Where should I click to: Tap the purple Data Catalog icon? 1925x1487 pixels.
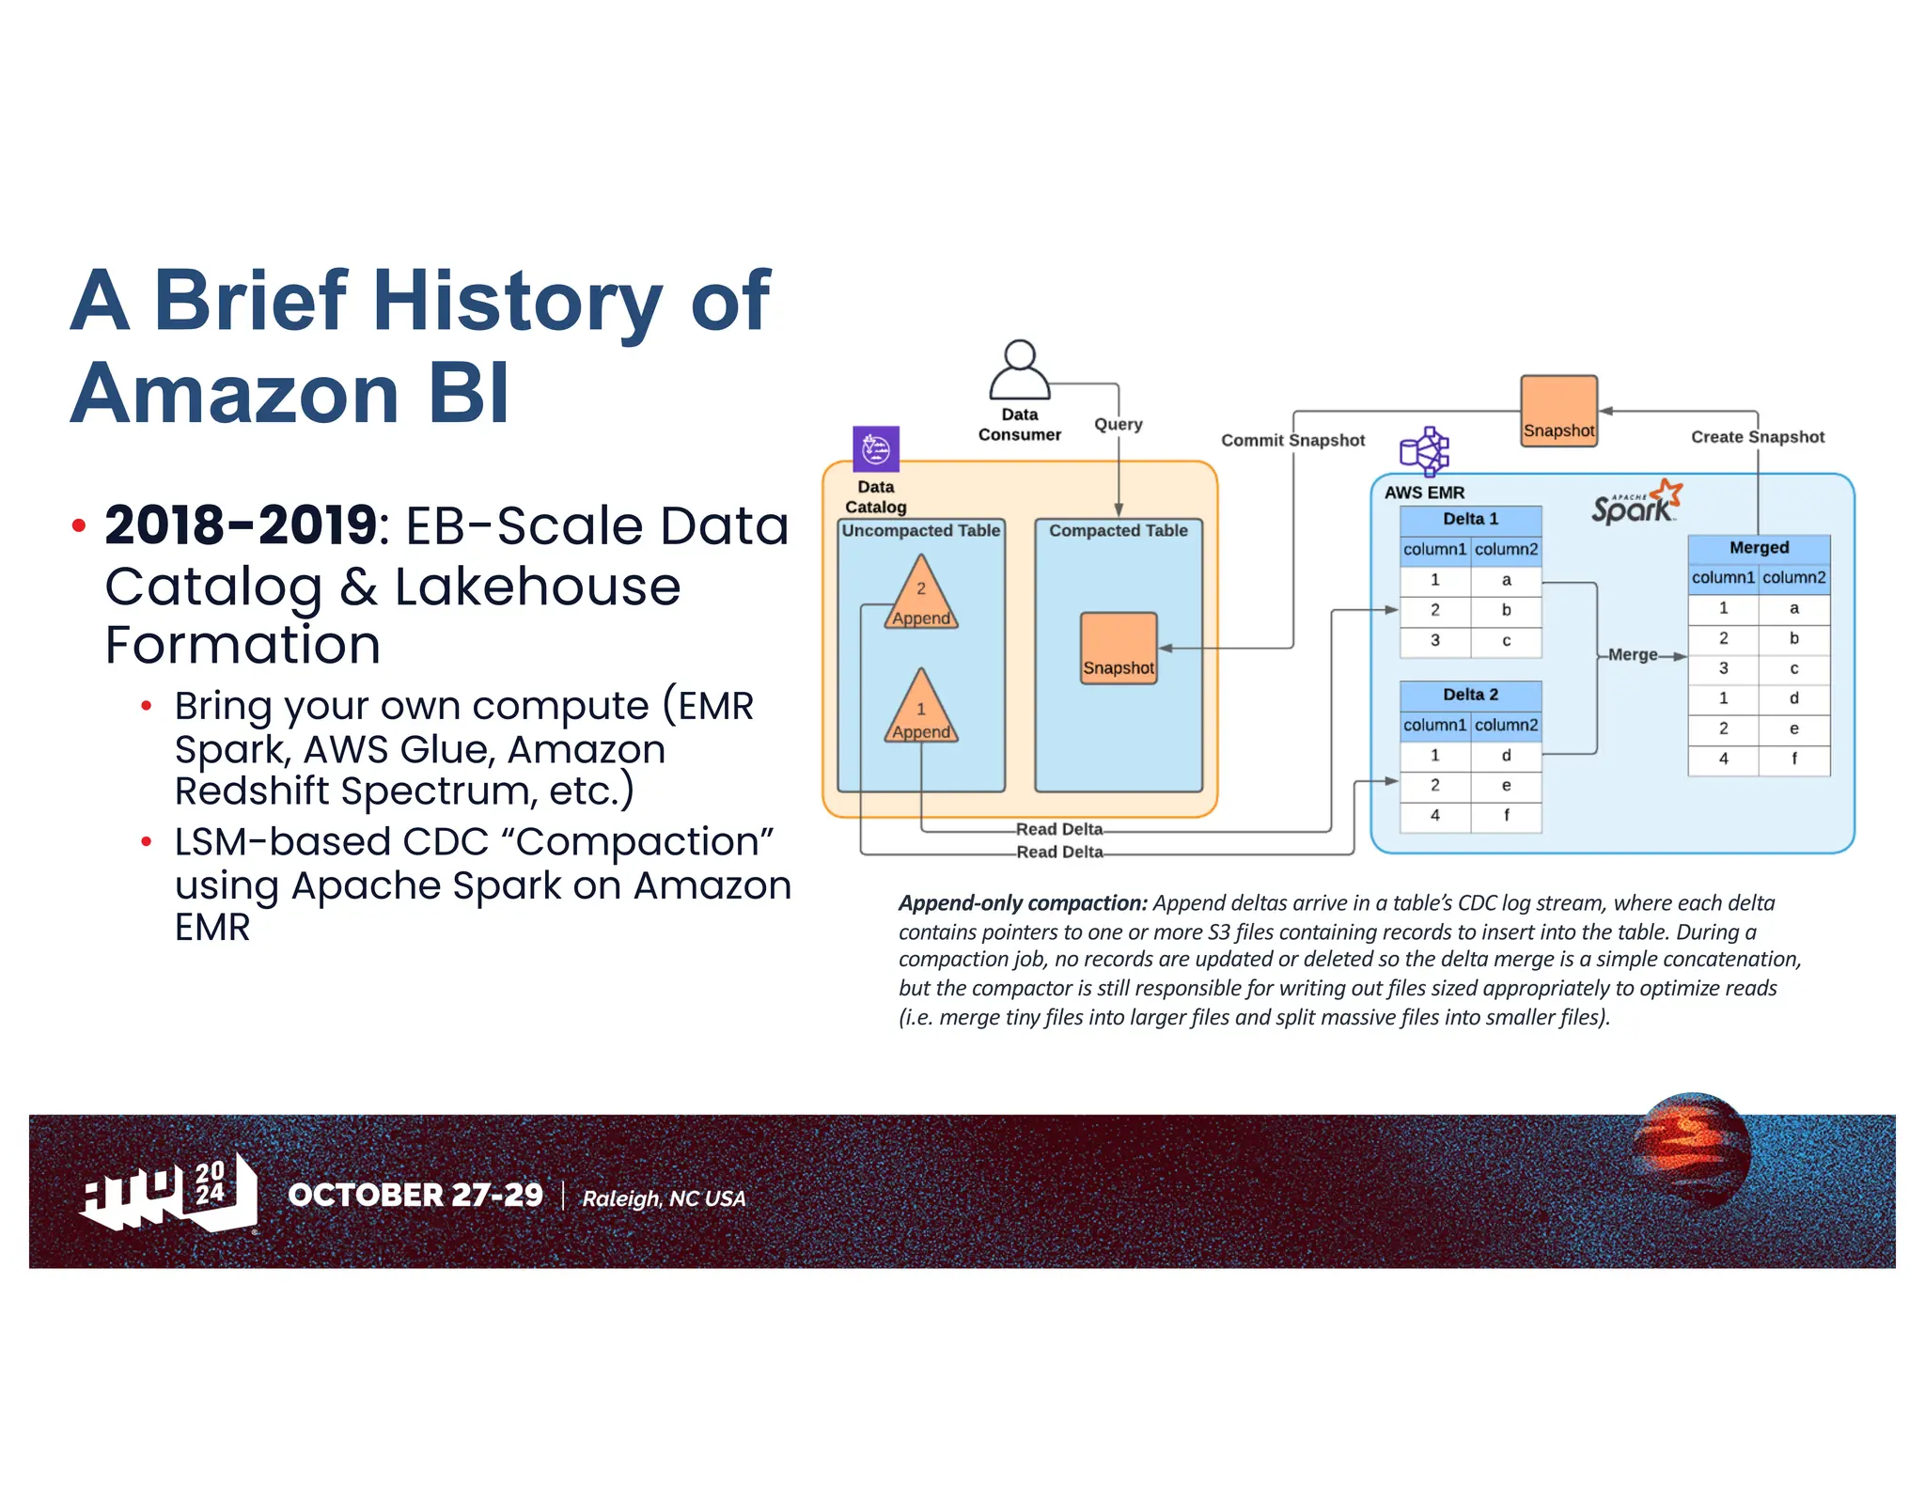click(x=875, y=449)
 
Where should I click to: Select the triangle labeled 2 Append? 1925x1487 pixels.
click(x=921, y=595)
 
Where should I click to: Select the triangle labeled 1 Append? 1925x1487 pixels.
click(x=921, y=710)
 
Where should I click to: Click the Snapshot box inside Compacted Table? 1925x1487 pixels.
click(x=1118, y=649)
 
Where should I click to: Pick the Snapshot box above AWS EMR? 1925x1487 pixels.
click(x=1558, y=411)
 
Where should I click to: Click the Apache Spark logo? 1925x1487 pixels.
click(x=1635, y=503)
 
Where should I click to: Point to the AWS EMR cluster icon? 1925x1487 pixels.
click(x=1425, y=451)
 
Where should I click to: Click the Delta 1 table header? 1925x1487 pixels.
click(x=1470, y=519)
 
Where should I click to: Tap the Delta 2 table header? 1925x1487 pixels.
click(x=1470, y=695)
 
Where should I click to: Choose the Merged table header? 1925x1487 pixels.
click(x=1759, y=547)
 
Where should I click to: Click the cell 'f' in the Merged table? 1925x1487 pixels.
click(x=1793, y=759)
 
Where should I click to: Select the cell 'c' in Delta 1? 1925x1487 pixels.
click(x=1506, y=641)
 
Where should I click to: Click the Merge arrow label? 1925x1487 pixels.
click(x=1633, y=655)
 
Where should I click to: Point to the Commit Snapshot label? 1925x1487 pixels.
click(x=1292, y=440)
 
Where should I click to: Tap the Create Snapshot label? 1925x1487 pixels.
click(x=1757, y=437)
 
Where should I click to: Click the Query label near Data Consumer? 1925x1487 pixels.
click(x=1118, y=424)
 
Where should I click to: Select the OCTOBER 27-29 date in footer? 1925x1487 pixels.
click(x=415, y=1195)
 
